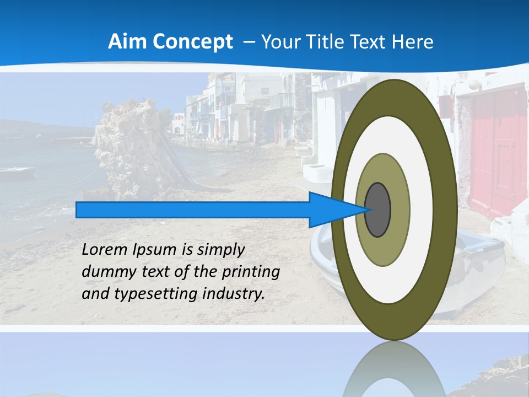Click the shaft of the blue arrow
coord(193,210)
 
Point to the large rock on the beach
coord(132,149)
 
